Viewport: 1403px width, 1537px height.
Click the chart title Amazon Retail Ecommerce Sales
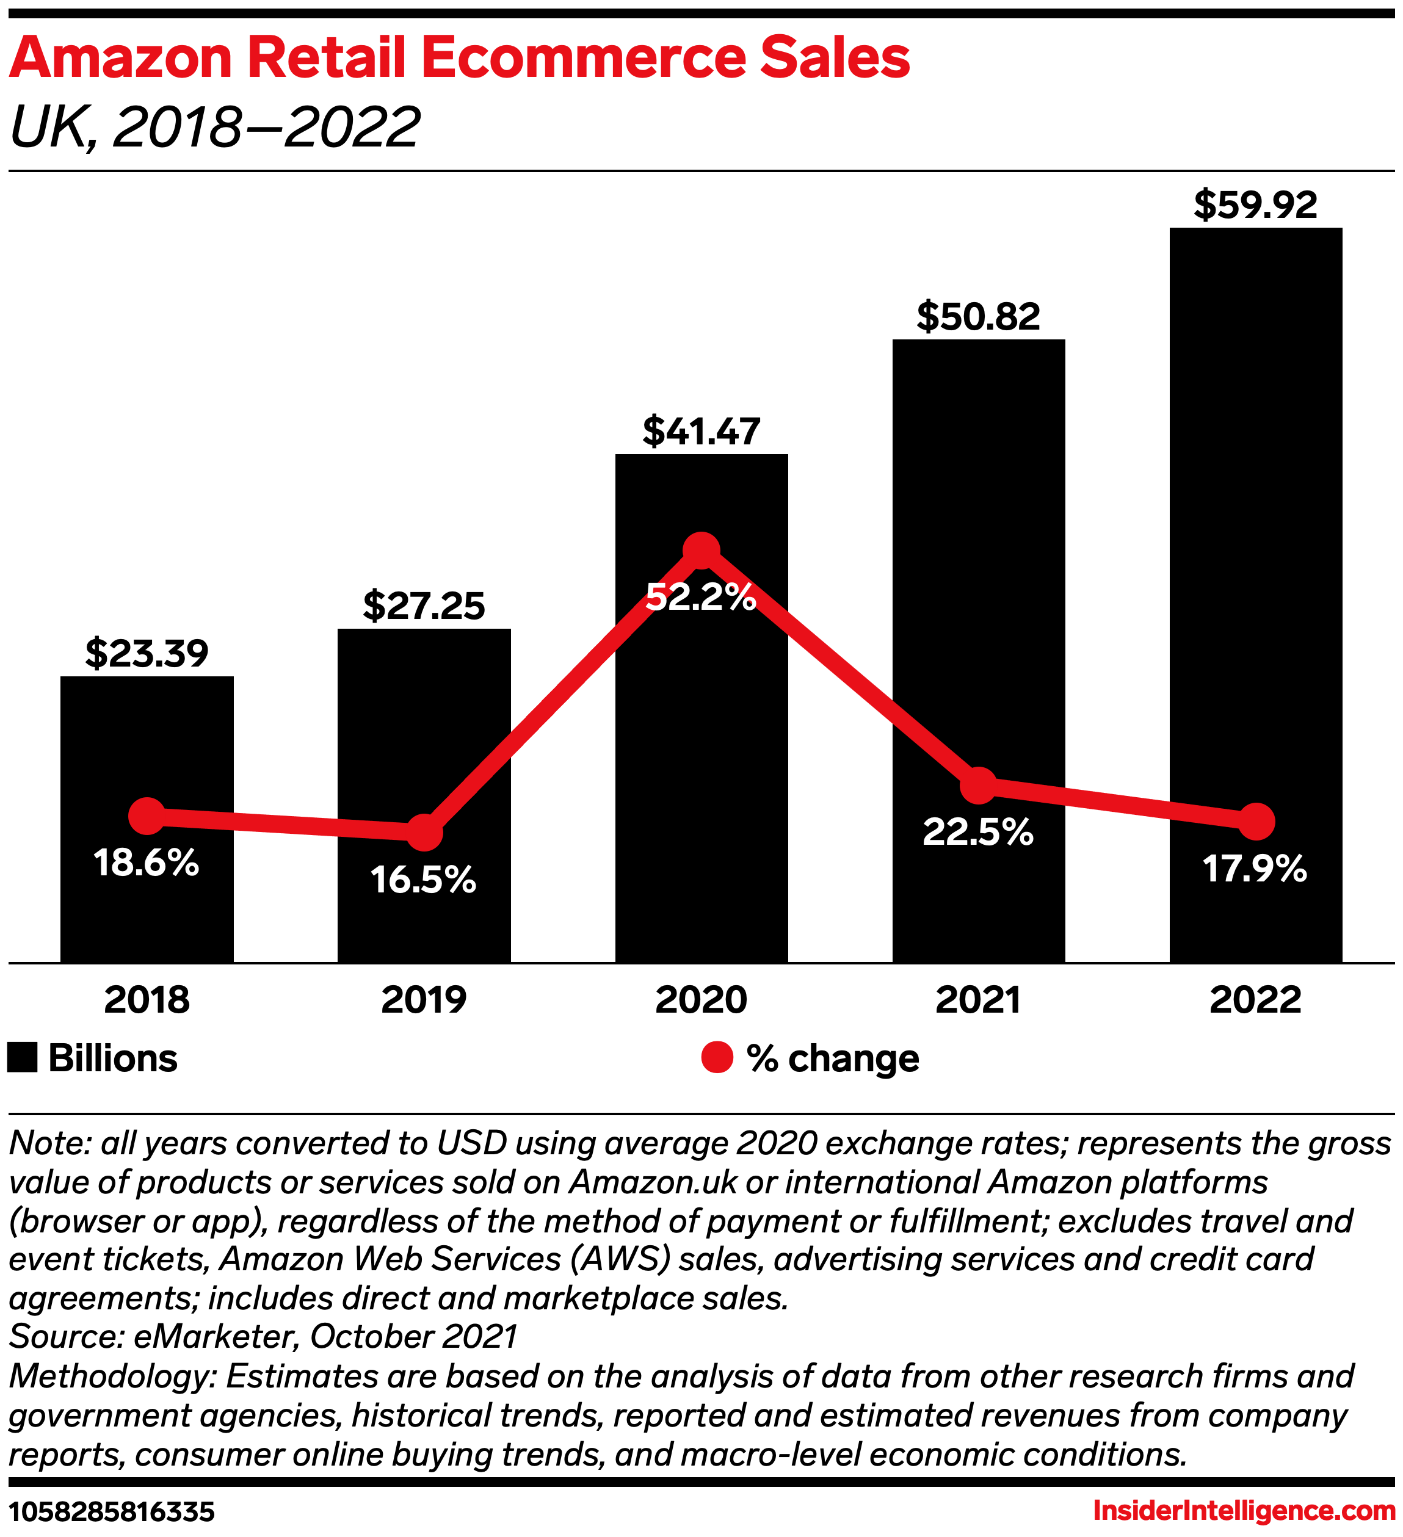[x=459, y=58]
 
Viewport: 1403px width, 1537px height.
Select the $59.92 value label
[x=1255, y=205]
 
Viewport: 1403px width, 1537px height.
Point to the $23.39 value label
[x=147, y=653]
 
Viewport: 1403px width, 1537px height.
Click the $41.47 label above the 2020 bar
[x=701, y=431]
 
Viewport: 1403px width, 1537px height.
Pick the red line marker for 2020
[x=701, y=551]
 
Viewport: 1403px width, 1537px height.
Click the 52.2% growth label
[x=701, y=597]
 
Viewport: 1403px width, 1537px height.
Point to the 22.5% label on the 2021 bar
[x=977, y=832]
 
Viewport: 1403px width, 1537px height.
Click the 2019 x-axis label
[x=423, y=999]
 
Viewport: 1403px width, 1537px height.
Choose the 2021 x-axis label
[x=977, y=999]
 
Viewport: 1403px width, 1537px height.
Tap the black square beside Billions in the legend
[x=22, y=1058]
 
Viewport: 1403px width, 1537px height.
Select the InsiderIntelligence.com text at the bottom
[x=1244, y=1510]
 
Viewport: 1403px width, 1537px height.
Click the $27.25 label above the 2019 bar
[x=423, y=606]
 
